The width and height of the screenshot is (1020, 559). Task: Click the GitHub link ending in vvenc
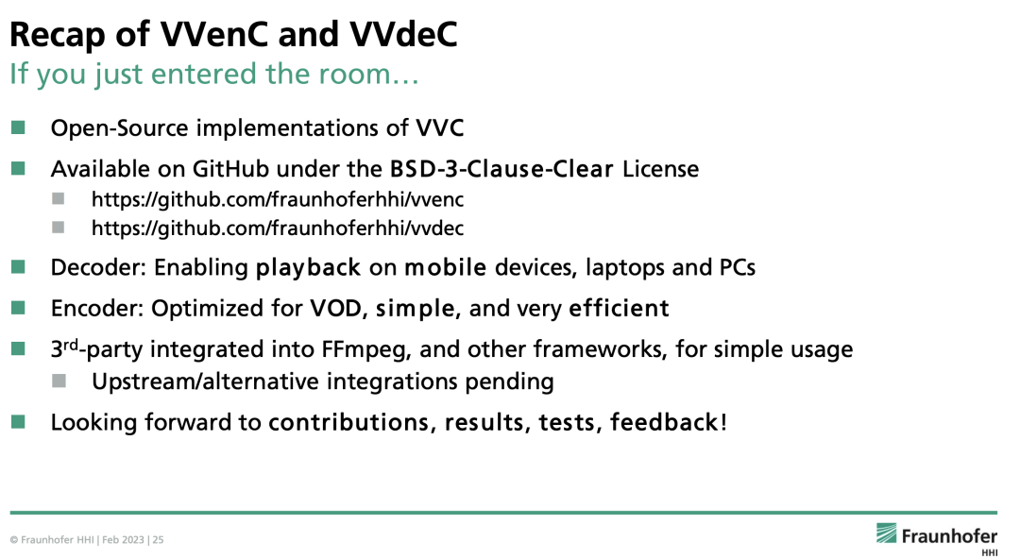[278, 200]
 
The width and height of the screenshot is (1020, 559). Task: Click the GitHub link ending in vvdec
[278, 229]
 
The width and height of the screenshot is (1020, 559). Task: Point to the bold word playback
[309, 268]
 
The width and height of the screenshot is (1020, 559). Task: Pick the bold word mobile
[446, 268]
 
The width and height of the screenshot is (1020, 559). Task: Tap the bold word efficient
[619, 309]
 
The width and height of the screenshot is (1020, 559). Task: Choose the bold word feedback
[664, 422]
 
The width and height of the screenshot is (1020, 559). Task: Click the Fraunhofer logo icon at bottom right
[887, 534]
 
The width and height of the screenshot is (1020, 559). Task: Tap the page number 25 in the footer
[159, 541]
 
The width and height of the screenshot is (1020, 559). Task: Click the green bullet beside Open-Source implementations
[19, 127]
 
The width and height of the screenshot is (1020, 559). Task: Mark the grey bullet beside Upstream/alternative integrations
[59, 381]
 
